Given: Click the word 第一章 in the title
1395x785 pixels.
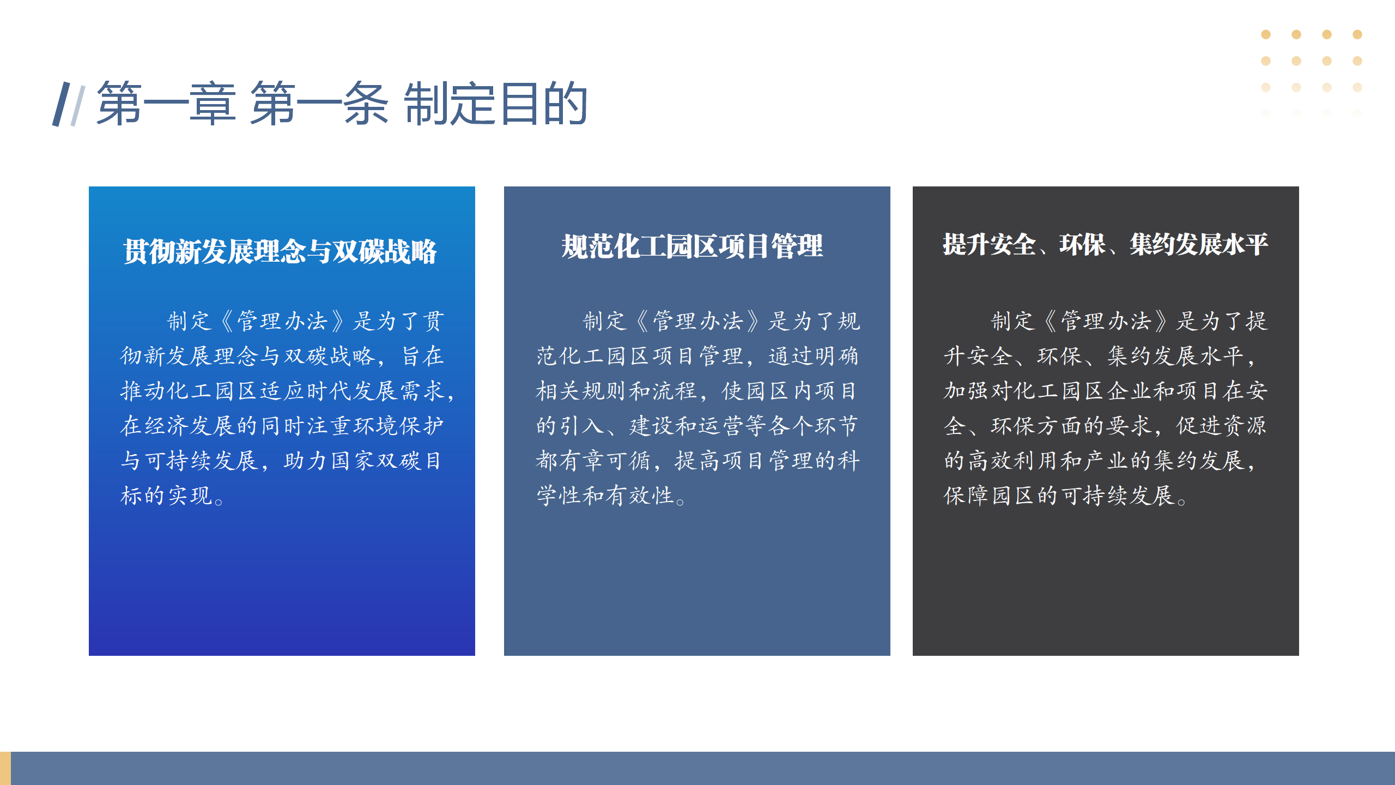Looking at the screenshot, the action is pyautogui.click(x=166, y=104).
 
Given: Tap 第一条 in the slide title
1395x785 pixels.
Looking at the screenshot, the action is pyautogui.click(x=319, y=104).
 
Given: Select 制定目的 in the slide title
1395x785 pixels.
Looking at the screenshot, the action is pyautogui.click(x=496, y=104).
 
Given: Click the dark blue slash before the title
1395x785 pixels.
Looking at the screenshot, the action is pyautogui.click(x=61, y=104).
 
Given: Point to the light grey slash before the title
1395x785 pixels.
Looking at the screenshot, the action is pyautogui.click(x=78, y=106).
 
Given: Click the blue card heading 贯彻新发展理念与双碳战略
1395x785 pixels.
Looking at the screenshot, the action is pyautogui.click(x=280, y=251).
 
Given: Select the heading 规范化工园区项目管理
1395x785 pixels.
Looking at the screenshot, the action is pyautogui.click(x=692, y=246).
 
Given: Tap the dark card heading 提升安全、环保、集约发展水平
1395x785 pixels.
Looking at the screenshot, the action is pyautogui.click(x=1106, y=244).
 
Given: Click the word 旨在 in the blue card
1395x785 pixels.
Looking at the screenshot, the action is pyautogui.click(x=423, y=356).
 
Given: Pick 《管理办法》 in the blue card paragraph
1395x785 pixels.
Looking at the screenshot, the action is pyautogui.click(x=283, y=321).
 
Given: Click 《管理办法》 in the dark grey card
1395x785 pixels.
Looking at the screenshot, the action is pyautogui.click(x=1106, y=321).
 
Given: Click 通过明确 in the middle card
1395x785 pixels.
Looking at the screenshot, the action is pyautogui.click(x=814, y=356).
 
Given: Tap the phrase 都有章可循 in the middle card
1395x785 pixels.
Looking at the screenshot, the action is pyautogui.click(x=593, y=461).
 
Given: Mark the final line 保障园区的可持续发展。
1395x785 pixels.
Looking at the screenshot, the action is pyautogui.click(x=1066, y=496).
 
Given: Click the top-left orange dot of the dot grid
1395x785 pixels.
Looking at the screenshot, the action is pyautogui.click(x=1266, y=34).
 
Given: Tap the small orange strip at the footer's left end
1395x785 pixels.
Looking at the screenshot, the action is pyautogui.click(x=5, y=768).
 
